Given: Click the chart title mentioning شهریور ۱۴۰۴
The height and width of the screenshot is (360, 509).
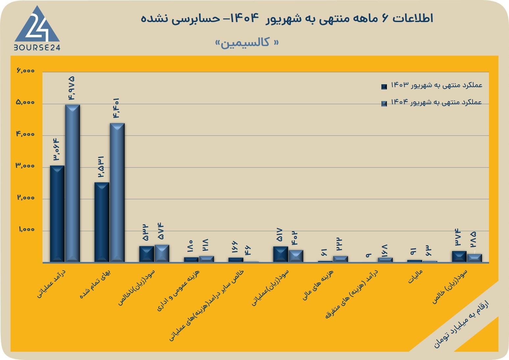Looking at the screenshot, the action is [287, 18].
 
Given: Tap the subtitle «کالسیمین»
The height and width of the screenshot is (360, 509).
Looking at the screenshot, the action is [247, 43].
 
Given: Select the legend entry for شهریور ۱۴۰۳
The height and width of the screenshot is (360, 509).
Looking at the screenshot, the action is [432, 86].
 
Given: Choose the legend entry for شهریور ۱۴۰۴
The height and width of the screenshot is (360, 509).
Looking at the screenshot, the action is [431, 103].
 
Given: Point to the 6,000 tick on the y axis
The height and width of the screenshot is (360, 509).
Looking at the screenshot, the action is [25, 70].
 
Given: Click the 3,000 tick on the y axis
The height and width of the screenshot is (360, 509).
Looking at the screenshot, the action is [25, 166].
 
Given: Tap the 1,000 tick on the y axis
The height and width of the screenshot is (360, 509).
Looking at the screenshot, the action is [27, 229].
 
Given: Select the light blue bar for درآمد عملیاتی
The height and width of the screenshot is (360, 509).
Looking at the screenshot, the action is [72, 183].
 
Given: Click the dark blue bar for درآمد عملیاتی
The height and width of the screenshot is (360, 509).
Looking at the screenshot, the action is [57, 214].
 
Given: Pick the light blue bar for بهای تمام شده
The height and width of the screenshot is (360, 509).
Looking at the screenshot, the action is [117, 193].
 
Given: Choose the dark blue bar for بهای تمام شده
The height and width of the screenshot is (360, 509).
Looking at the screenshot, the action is [102, 222].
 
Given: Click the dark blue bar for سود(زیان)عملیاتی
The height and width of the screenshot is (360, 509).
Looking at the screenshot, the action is [281, 254].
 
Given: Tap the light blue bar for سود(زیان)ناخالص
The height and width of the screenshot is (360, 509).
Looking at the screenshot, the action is [162, 253].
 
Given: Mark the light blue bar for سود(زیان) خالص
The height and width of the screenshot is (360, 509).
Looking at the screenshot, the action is [474, 258].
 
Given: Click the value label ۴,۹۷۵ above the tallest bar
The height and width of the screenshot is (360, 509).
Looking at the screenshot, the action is [71, 88].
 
